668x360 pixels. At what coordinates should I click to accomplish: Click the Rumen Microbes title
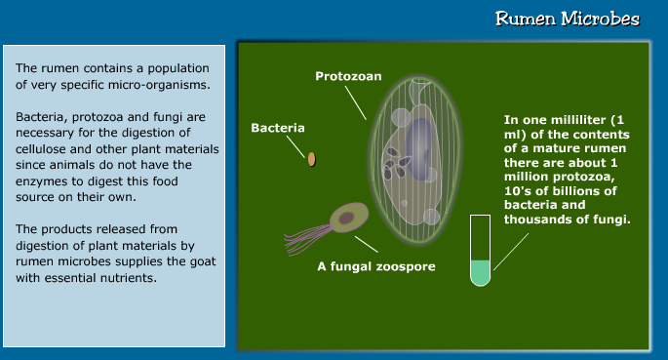pyautogui.click(x=567, y=19)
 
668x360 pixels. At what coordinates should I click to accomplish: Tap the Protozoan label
pyautogui.click(x=347, y=76)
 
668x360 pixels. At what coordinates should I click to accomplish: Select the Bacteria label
pyautogui.click(x=278, y=128)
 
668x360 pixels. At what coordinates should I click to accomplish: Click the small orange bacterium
pyautogui.click(x=312, y=158)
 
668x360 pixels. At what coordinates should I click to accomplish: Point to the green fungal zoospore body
pyautogui.click(x=346, y=217)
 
